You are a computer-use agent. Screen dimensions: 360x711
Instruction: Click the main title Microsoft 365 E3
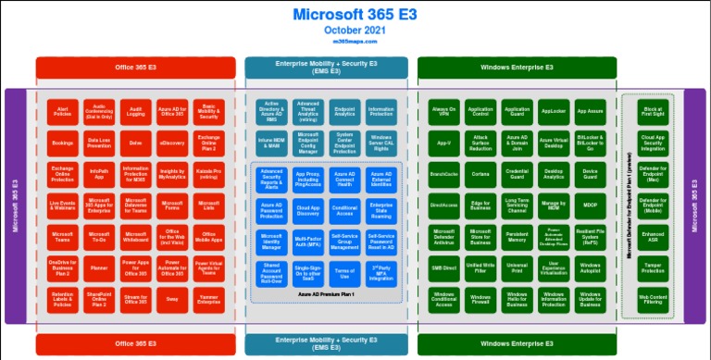(355, 15)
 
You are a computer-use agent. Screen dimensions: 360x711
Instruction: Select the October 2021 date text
(355, 31)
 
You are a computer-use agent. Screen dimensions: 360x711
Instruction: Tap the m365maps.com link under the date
(355, 43)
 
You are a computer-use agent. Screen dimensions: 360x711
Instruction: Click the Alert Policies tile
(63, 112)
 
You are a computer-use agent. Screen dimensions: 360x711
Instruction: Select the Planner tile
(99, 268)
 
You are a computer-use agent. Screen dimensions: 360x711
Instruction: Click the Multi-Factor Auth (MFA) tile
(308, 242)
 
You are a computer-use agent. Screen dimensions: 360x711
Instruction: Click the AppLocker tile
(553, 111)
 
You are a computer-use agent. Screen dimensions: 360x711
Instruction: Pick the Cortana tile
(480, 173)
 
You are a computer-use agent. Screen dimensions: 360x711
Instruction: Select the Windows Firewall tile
(480, 299)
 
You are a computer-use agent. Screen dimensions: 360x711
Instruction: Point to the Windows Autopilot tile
(589, 267)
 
